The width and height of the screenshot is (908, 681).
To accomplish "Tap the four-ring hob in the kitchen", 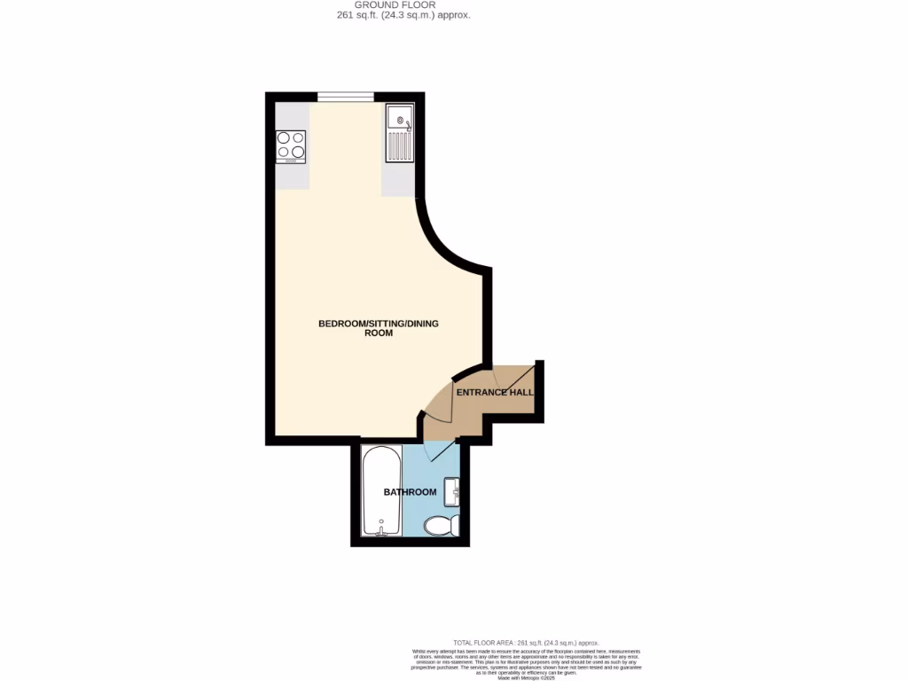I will (291, 146).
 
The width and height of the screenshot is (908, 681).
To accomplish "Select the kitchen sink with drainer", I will (400, 133).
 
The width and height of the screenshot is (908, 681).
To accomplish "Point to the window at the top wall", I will (346, 98).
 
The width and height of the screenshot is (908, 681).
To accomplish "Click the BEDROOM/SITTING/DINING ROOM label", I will (379, 328).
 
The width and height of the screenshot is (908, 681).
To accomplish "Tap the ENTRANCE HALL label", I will (494, 392).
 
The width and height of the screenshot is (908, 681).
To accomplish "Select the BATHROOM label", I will (410, 492).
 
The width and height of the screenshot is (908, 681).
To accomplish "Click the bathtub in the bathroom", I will (381, 490).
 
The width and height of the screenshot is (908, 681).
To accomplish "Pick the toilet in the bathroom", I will (441, 527).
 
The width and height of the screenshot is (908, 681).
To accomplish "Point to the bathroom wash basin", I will (452, 490).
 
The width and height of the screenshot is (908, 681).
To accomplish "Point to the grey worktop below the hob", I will (292, 176).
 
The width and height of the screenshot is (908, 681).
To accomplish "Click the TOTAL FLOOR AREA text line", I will (526, 643).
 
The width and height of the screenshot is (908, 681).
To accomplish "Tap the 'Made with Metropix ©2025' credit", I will (526, 678).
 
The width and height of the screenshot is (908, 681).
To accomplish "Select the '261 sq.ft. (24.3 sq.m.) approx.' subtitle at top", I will (412, 15).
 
